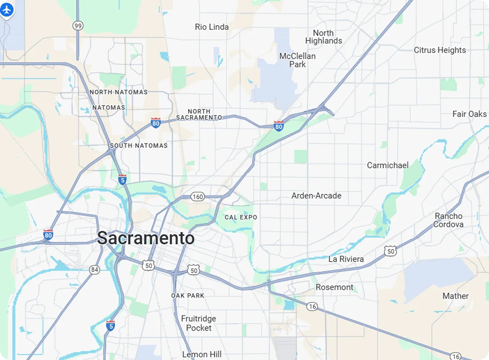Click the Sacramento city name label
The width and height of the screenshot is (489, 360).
tap(146, 238)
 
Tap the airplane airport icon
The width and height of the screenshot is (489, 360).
tap(7, 10)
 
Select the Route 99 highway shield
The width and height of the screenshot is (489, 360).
tap(78, 26)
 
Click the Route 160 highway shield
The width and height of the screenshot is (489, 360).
tap(197, 196)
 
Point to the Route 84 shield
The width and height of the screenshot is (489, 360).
tap(94, 270)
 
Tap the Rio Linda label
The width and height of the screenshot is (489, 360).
tap(212, 27)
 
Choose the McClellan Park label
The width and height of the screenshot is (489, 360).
tap(297, 60)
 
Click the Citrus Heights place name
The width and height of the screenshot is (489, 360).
tap(440, 50)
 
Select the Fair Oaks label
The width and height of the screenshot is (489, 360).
tap(469, 114)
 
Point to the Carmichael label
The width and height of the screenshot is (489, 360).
tap(388, 165)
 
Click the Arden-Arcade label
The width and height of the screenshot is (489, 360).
tap(316, 196)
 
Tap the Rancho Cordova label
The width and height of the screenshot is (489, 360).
tap(448, 220)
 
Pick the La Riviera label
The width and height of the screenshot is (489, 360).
tap(346, 259)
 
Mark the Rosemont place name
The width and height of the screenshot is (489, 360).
tap(334, 287)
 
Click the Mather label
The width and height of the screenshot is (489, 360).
tap(455, 296)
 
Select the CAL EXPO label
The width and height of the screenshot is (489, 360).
tap(241, 217)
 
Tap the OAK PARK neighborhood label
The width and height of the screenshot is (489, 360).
tap(188, 296)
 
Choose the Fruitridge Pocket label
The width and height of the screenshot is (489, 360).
tap(199, 323)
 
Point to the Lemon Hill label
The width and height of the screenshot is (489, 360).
tap(202, 354)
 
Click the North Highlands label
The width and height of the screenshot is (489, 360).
tap(324, 37)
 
